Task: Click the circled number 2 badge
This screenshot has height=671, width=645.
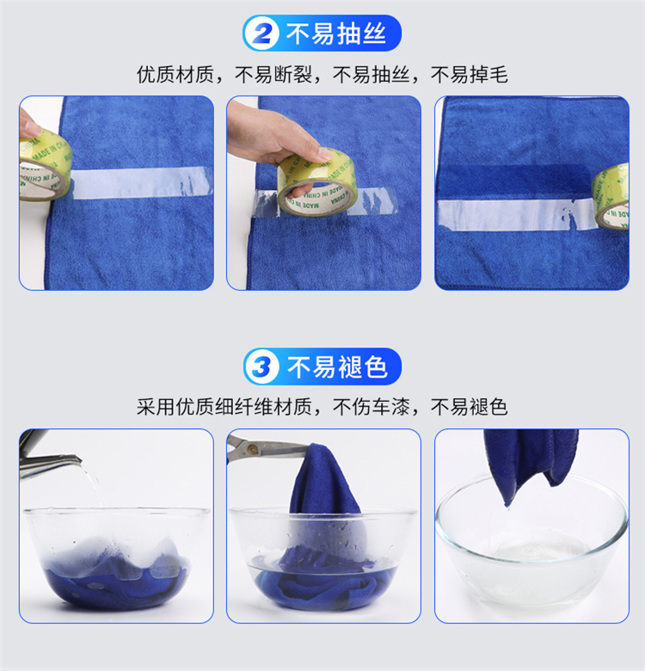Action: coord(261,34)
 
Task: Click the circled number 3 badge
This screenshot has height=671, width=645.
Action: coord(261,366)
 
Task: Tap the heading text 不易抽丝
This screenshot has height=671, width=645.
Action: coord(336,34)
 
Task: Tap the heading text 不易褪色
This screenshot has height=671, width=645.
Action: coord(337,366)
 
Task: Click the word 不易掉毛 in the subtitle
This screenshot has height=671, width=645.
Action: coord(470,75)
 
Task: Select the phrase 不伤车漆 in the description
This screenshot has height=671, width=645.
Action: coord(372,407)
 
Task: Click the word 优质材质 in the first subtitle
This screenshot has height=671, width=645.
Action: coord(175,75)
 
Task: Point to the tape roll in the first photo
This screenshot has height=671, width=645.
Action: coord(43,166)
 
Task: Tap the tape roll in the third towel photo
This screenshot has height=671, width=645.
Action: coord(611,196)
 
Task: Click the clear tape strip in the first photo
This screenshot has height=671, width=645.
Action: coord(141,182)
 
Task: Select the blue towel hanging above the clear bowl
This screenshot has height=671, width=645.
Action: coord(531,462)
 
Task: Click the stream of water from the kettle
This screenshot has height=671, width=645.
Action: coord(92,483)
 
